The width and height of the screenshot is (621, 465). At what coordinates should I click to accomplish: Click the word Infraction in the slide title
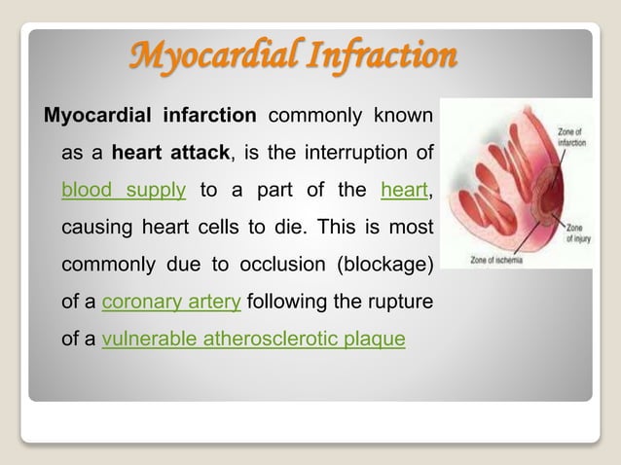point(381,56)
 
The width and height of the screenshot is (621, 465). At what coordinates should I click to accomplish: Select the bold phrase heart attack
point(161,153)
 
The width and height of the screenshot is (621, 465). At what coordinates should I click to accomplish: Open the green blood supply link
point(123,191)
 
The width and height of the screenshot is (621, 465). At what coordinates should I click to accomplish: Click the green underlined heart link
point(403,191)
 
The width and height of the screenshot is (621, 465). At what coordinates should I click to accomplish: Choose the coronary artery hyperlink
point(171,302)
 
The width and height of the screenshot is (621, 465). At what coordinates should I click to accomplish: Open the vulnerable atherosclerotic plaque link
point(253,340)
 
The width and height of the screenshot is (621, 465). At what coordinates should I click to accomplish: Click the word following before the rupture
point(293,302)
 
